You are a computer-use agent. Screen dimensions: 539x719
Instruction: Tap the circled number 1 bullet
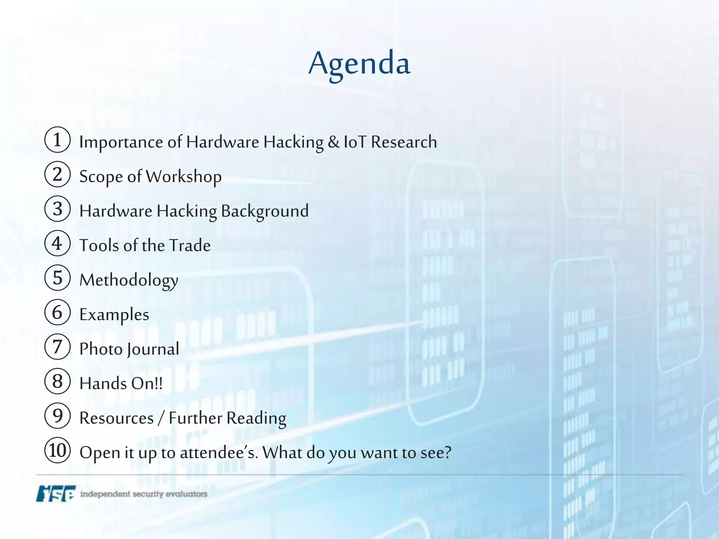tap(58, 140)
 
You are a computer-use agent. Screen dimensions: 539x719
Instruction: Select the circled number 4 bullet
tap(58, 243)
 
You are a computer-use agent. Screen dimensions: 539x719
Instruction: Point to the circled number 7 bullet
tap(58, 347)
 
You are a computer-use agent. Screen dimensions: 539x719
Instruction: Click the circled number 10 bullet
tap(58, 450)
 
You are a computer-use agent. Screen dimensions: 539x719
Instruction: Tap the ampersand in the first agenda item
tap(334, 142)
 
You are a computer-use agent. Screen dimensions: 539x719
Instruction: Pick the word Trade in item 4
tap(190, 245)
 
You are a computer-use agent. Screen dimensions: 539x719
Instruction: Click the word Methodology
tap(129, 280)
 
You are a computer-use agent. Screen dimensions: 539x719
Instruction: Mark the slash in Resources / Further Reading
tap(161, 418)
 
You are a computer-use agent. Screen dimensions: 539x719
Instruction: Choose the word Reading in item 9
tap(256, 418)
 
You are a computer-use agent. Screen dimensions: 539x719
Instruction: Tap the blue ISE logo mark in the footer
tap(55, 493)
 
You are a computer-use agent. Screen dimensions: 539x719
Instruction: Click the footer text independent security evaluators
tap(144, 494)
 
